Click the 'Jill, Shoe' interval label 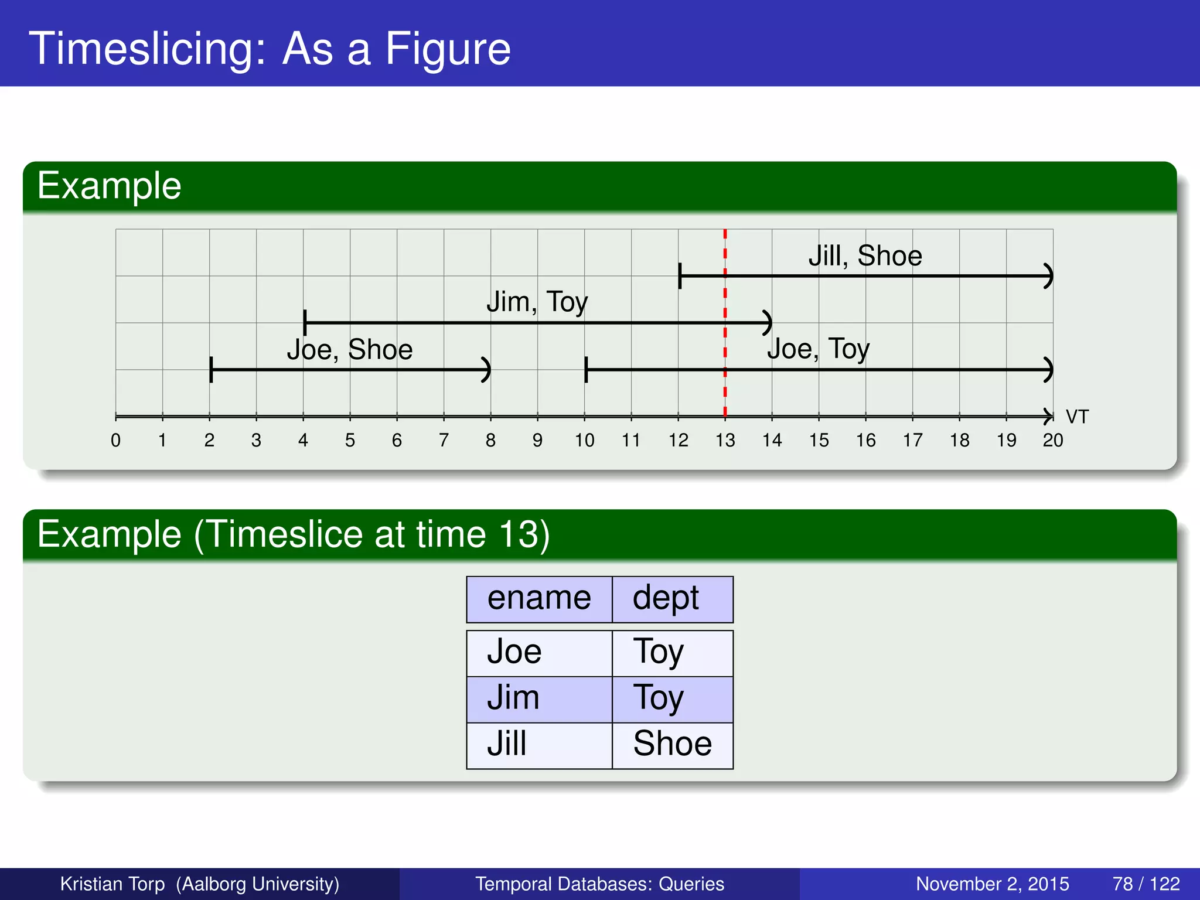point(865,256)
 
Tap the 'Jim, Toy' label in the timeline point(537,302)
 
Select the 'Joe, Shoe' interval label point(349,350)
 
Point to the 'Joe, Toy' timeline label point(818,349)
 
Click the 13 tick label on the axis point(725,440)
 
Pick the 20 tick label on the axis point(1052,440)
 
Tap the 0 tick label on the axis point(115,440)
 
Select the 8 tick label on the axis point(490,440)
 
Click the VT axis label point(1077,417)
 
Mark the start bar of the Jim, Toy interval point(305,323)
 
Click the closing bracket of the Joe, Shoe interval point(486,370)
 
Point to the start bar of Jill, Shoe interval point(680,276)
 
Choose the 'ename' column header point(539,598)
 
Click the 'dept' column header point(666,598)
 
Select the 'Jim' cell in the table point(513,698)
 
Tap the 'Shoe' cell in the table point(672,744)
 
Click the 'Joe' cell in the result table point(514,652)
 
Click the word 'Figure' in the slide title point(448,49)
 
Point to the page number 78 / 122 point(1146,884)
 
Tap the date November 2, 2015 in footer point(992,884)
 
